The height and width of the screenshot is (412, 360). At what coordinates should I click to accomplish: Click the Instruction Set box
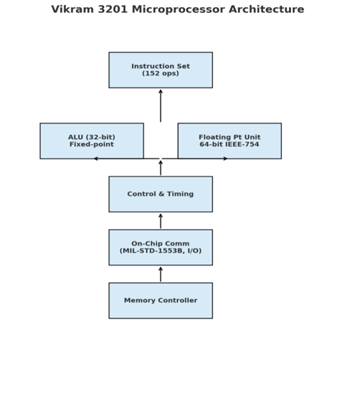pyautogui.click(x=161, y=70)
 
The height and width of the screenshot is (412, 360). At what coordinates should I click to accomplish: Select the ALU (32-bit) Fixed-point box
pyautogui.click(x=92, y=141)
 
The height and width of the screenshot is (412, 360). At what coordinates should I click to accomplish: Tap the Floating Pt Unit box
pyautogui.click(x=229, y=141)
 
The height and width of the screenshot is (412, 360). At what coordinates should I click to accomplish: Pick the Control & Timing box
pyautogui.click(x=161, y=195)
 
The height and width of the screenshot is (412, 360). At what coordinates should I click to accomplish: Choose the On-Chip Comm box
pyautogui.click(x=161, y=247)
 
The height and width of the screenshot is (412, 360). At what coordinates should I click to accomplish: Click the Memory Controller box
pyautogui.click(x=161, y=301)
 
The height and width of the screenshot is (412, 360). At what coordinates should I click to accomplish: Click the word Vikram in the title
pyautogui.click(x=72, y=9)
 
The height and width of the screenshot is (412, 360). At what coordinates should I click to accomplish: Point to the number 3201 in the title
pyautogui.click(x=113, y=9)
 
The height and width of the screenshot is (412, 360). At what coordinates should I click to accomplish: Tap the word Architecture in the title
pyautogui.click(x=267, y=9)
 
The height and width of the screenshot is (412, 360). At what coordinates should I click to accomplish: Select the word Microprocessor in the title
pyautogui.click(x=179, y=10)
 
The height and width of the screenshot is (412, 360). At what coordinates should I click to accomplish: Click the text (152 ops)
pyautogui.click(x=161, y=73)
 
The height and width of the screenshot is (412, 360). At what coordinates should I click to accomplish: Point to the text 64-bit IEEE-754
pyautogui.click(x=229, y=144)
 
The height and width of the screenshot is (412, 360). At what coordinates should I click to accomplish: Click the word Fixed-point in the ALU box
pyautogui.click(x=92, y=144)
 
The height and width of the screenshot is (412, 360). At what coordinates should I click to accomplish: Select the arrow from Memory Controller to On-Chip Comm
pyautogui.click(x=161, y=274)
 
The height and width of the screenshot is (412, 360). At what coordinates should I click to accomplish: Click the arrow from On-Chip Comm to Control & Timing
pyautogui.click(x=161, y=221)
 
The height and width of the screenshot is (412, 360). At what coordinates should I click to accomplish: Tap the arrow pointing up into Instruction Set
pyautogui.click(x=161, y=106)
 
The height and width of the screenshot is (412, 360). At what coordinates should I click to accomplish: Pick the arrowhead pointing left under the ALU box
pyautogui.click(x=96, y=159)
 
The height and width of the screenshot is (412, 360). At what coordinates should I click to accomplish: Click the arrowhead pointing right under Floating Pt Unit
pyautogui.click(x=226, y=159)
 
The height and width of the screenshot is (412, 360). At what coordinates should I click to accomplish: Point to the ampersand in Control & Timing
pyautogui.click(x=161, y=194)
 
